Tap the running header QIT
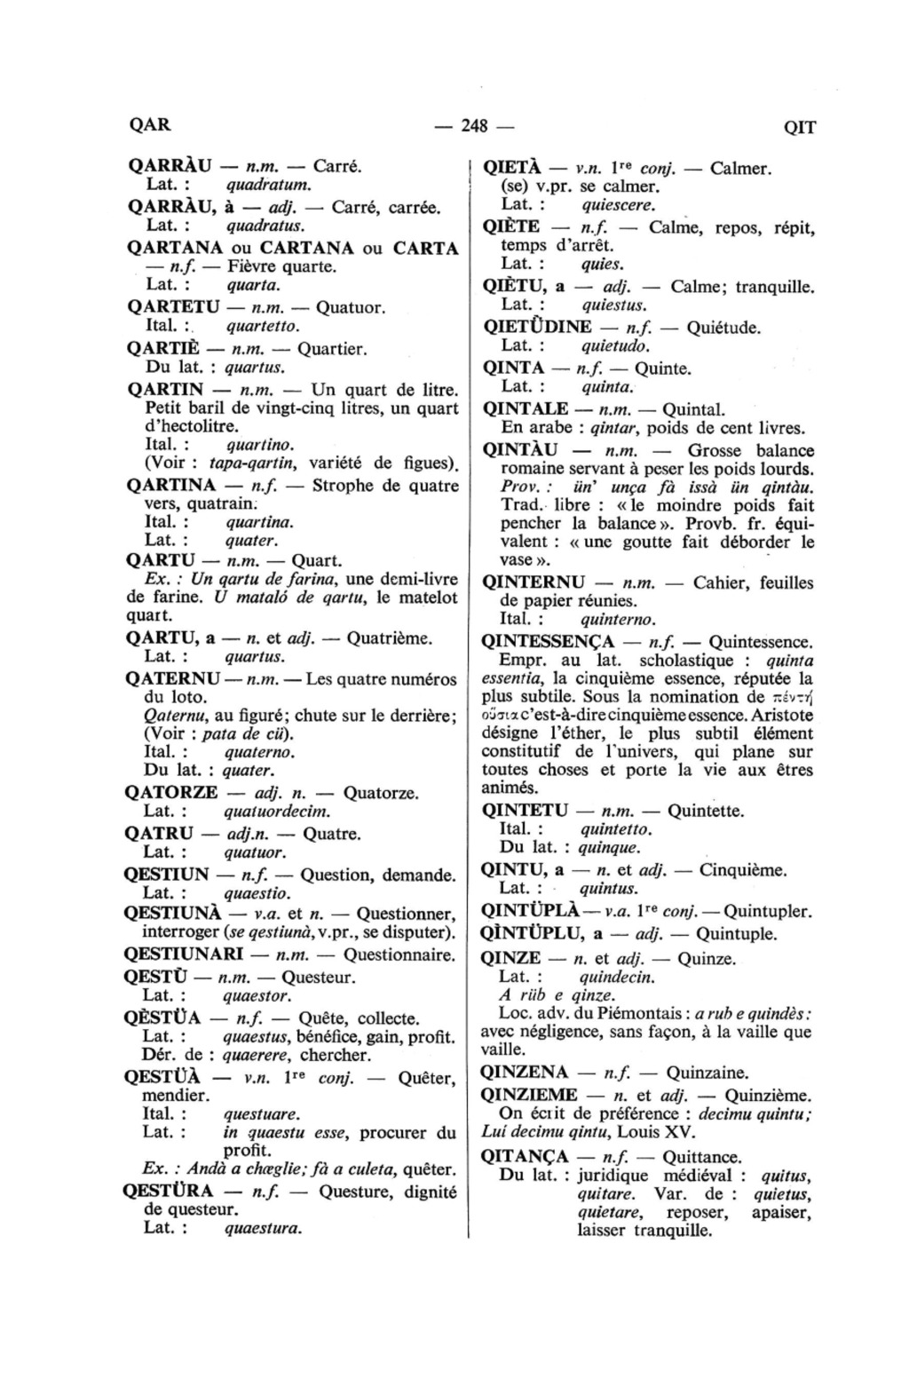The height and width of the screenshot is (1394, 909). click(x=799, y=127)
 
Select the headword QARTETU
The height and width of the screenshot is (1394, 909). click(x=173, y=307)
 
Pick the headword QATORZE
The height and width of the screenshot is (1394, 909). click(x=172, y=792)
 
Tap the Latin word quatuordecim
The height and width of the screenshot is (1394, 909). click(x=277, y=812)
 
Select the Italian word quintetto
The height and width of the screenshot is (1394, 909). click(x=615, y=829)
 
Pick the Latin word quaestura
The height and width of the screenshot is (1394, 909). click(x=263, y=1229)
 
